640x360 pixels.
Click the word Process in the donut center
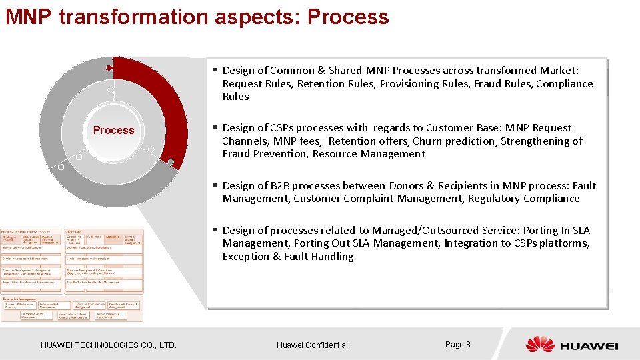click(113, 131)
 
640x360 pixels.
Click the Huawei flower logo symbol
click(540, 345)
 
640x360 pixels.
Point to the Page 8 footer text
click(458, 345)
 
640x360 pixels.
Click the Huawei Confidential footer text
click(312, 345)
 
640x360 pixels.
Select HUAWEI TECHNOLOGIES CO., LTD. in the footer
click(109, 345)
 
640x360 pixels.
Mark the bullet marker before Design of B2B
click(215, 186)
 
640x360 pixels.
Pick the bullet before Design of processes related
click(215, 231)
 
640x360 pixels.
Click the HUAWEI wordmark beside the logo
click(589, 345)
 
